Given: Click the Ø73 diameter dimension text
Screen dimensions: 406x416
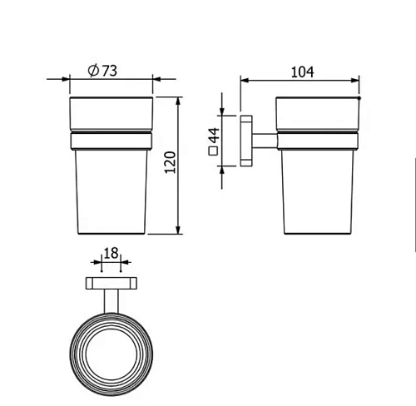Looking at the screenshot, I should coord(102,71).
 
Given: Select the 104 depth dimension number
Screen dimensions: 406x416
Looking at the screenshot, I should coord(300,72).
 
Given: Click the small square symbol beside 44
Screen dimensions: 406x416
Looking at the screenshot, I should coord(212,152).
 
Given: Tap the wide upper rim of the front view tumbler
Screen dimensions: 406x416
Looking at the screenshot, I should coord(110,113).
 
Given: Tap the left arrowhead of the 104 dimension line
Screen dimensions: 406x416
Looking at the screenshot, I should coord(244,81).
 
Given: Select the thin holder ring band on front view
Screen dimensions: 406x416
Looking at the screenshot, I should coord(110,136).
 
